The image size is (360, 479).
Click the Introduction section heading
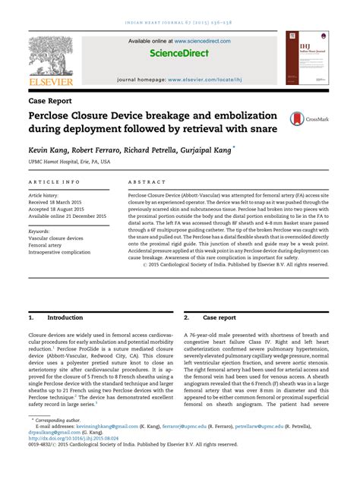[65, 318]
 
